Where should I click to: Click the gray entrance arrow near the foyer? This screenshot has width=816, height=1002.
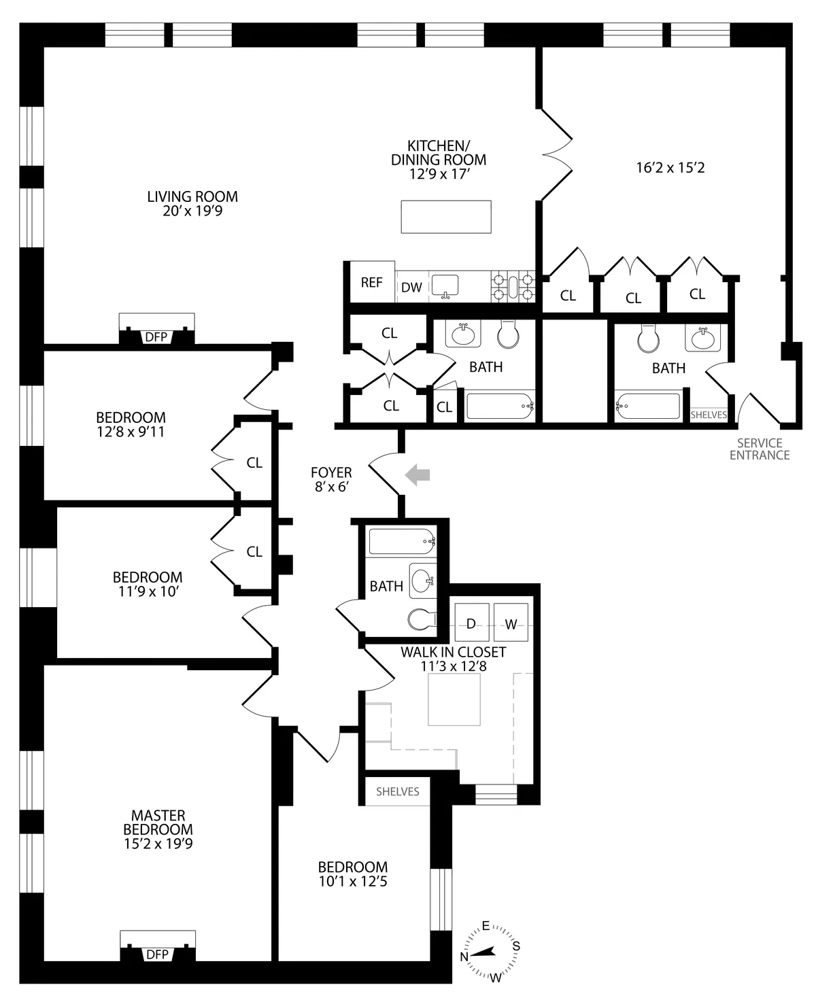(x=418, y=475)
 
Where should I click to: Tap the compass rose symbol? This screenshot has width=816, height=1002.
(x=490, y=953)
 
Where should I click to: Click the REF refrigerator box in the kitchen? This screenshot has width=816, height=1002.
(x=371, y=282)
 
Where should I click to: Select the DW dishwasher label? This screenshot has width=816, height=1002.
(x=411, y=288)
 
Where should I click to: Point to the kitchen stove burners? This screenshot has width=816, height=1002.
(x=513, y=286)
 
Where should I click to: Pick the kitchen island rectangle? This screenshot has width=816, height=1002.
(x=446, y=217)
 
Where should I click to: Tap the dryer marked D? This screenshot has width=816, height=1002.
(x=471, y=623)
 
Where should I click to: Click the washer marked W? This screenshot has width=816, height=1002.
(x=510, y=623)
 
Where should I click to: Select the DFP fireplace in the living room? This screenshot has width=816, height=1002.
(x=156, y=336)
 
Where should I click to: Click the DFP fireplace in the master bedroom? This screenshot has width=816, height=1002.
(x=157, y=954)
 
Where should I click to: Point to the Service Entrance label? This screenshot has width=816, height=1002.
(x=760, y=449)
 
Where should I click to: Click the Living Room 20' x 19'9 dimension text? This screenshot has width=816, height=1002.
(x=192, y=204)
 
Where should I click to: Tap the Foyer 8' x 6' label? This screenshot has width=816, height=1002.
(x=331, y=479)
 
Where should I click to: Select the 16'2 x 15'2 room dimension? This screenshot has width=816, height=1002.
(x=670, y=167)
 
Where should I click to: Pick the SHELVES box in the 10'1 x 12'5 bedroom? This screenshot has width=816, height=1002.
(x=398, y=791)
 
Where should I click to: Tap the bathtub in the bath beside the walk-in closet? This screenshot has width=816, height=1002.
(x=401, y=542)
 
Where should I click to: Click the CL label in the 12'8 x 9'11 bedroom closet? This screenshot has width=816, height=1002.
(x=254, y=463)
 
